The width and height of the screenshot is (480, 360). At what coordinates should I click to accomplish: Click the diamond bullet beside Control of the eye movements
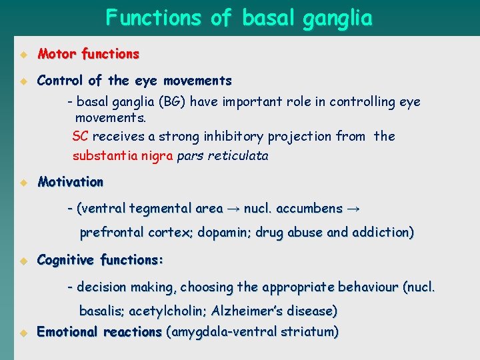click(21, 81)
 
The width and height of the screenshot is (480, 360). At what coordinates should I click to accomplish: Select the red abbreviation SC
click(80, 137)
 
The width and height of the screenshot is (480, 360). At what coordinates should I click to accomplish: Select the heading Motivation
click(71, 182)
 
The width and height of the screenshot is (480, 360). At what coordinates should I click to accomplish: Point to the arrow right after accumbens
click(353, 209)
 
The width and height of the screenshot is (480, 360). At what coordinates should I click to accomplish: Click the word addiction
click(383, 233)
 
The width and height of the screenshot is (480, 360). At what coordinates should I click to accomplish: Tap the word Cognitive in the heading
click(66, 260)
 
